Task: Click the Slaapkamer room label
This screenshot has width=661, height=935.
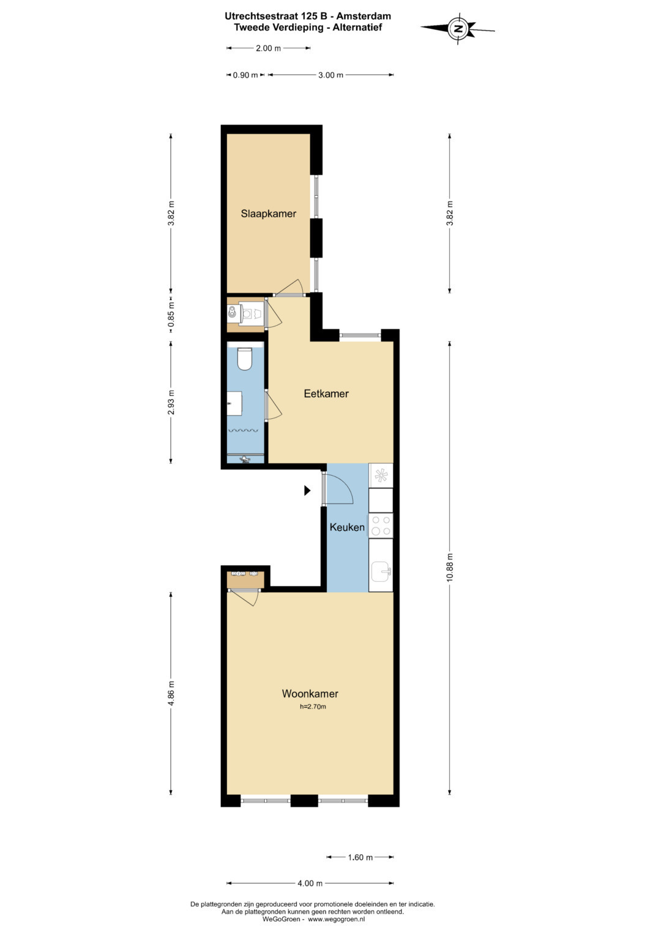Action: (x=268, y=214)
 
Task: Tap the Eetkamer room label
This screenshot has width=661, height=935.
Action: (x=326, y=394)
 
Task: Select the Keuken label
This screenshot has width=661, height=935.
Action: (x=347, y=527)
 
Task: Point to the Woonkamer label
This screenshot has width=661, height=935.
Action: (x=310, y=694)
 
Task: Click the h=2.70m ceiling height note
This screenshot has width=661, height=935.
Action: (x=313, y=707)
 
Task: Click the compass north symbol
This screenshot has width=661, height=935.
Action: (x=458, y=28)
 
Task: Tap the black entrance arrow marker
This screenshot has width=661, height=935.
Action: (x=307, y=490)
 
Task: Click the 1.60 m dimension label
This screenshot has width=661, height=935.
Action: (x=360, y=858)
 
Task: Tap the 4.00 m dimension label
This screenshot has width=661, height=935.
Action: (x=310, y=884)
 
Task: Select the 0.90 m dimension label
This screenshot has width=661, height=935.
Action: (x=245, y=75)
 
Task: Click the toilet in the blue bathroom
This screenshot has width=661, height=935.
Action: (x=245, y=359)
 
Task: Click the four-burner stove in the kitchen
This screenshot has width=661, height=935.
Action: (x=381, y=525)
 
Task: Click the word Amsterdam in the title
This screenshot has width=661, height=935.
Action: (x=364, y=17)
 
